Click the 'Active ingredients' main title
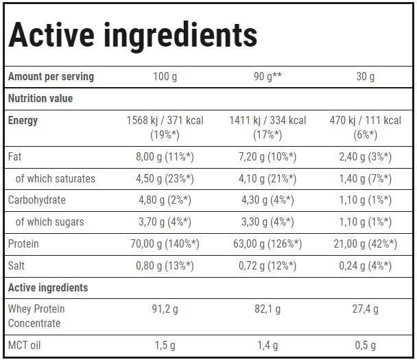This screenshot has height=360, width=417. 133,35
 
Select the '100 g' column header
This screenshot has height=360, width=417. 165,76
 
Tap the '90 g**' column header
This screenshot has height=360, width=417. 267,76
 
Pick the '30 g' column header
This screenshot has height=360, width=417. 365,76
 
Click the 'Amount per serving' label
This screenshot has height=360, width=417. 51,76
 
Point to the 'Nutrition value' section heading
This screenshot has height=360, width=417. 40,98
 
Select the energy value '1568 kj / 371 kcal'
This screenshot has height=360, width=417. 165,121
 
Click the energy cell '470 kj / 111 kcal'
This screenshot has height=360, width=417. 365,121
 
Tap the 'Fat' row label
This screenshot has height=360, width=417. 15,156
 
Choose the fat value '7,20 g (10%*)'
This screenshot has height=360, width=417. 267,156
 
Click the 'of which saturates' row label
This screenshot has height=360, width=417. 55,178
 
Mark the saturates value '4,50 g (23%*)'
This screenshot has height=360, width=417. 165,178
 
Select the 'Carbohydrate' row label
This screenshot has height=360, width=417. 37,200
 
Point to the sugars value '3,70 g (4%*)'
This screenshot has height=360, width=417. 165,221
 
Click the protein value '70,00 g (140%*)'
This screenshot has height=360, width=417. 165,243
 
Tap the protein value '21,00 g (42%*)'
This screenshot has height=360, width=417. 365,243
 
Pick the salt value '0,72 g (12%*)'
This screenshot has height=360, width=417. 267,265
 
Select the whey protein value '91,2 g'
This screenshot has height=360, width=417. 165,309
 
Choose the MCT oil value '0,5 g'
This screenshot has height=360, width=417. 365,345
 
